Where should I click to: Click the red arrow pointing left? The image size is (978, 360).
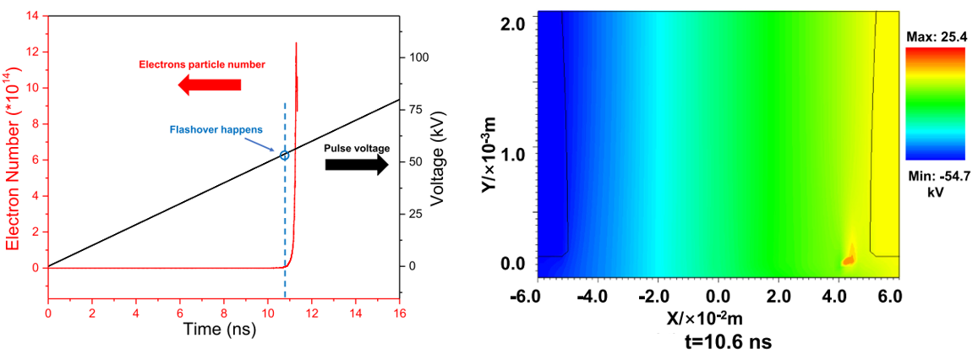pyautogui.click(x=210, y=85)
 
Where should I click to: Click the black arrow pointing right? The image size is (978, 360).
pyautogui.click(x=357, y=164)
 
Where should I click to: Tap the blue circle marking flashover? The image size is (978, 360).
pyautogui.click(x=285, y=155)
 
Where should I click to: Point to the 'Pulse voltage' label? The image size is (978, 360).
pyautogui.click(x=358, y=148)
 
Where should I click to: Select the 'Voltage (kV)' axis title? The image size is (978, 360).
pyautogui.click(x=437, y=161)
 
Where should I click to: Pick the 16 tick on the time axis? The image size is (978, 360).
pyautogui.click(x=400, y=313)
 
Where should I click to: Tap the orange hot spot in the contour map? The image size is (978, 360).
pyautogui.click(x=849, y=257)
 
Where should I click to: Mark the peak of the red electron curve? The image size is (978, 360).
pyautogui.click(x=296, y=43)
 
